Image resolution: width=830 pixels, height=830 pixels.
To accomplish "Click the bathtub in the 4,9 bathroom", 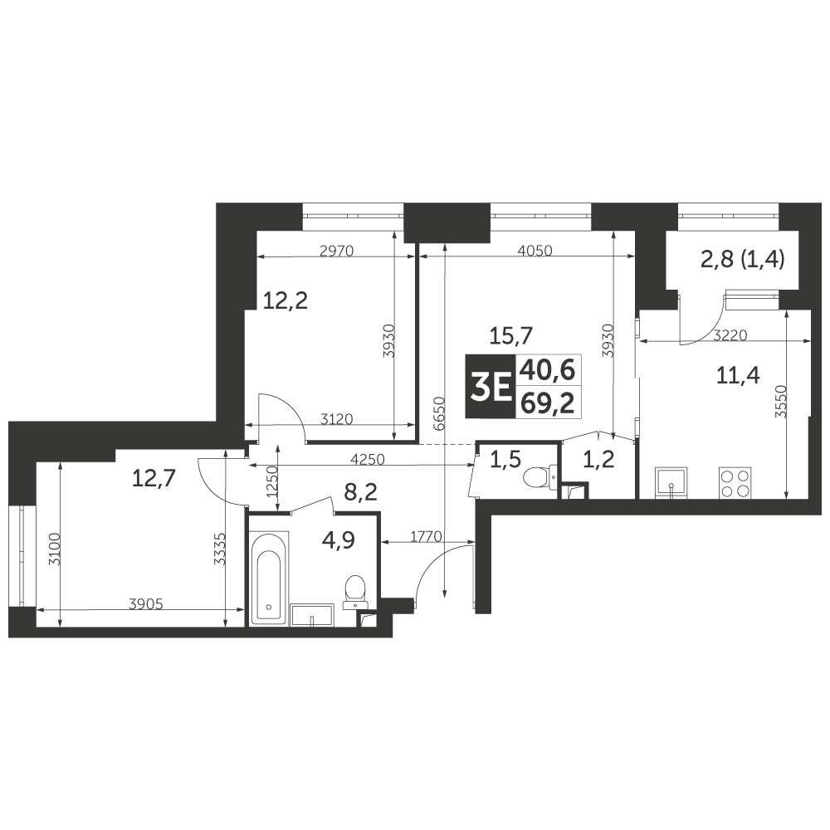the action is click(270, 579).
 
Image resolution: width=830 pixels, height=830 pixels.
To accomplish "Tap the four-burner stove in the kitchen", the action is click(735, 483).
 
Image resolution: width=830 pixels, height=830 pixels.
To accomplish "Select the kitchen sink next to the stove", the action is click(671, 483).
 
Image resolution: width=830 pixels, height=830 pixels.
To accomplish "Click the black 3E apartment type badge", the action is click(490, 386).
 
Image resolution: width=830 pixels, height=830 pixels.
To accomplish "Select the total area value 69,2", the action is click(547, 403).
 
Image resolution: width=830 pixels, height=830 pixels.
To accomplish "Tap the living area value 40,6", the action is click(547, 369).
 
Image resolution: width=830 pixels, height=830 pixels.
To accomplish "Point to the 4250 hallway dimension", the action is click(368, 460).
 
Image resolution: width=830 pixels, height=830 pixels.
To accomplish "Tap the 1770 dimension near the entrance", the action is click(426, 536).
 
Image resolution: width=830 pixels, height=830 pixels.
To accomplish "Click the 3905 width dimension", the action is click(145, 603).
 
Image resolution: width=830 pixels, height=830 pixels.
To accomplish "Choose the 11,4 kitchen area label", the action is click(738, 376).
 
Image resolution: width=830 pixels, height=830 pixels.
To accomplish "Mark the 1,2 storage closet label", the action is click(598, 460).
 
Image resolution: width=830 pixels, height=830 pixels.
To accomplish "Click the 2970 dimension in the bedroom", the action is click(337, 251).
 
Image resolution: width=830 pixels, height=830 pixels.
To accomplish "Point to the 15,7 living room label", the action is click(510, 334).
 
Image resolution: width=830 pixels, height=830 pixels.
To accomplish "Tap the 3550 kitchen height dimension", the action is click(782, 402).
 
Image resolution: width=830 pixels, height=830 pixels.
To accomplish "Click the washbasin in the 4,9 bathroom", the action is click(312, 615).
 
